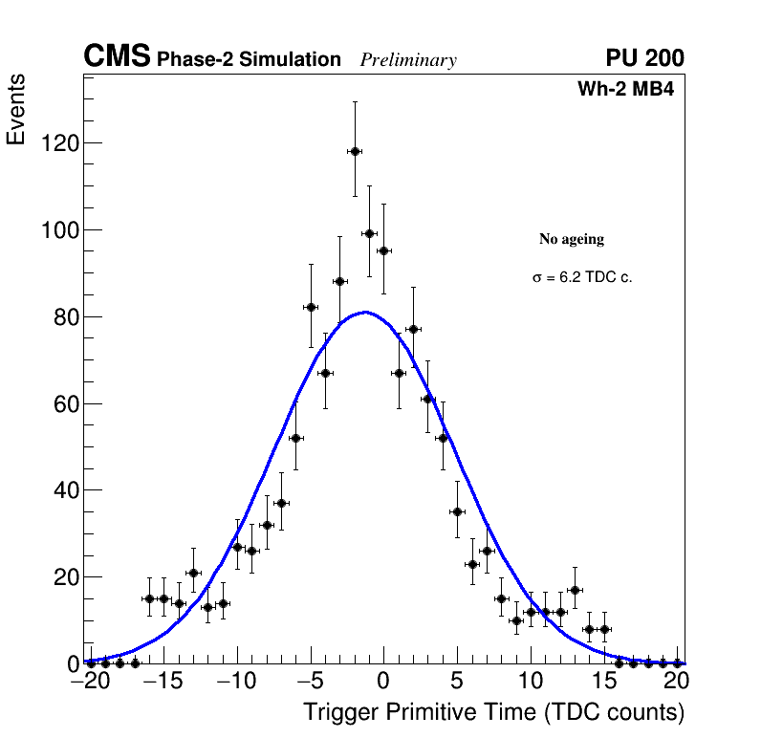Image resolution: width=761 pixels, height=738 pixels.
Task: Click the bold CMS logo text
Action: [x=117, y=57]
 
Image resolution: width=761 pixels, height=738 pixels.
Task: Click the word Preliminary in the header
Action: [x=408, y=60]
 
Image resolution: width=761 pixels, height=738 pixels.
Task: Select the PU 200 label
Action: [x=644, y=58]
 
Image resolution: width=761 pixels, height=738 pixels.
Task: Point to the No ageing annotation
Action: [x=572, y=239]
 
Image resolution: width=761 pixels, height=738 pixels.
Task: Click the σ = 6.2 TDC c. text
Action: [x=582, y=278]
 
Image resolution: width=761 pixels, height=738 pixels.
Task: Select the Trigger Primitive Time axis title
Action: [x=493, y=712]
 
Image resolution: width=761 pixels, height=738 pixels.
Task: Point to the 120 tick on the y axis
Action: [x=59, y=143]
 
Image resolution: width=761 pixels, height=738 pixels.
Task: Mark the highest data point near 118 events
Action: [x=355, y=151]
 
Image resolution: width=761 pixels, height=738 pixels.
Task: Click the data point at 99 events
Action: [x=369, y=233]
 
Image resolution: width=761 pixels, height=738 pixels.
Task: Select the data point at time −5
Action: [x=311, y=307]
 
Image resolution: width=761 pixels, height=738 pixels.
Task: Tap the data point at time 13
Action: [x=575, y=590]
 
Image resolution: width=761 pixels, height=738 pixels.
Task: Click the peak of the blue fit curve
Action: [x=365, y=312]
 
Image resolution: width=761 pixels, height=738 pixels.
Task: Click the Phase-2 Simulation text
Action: [x=249, y=60]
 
